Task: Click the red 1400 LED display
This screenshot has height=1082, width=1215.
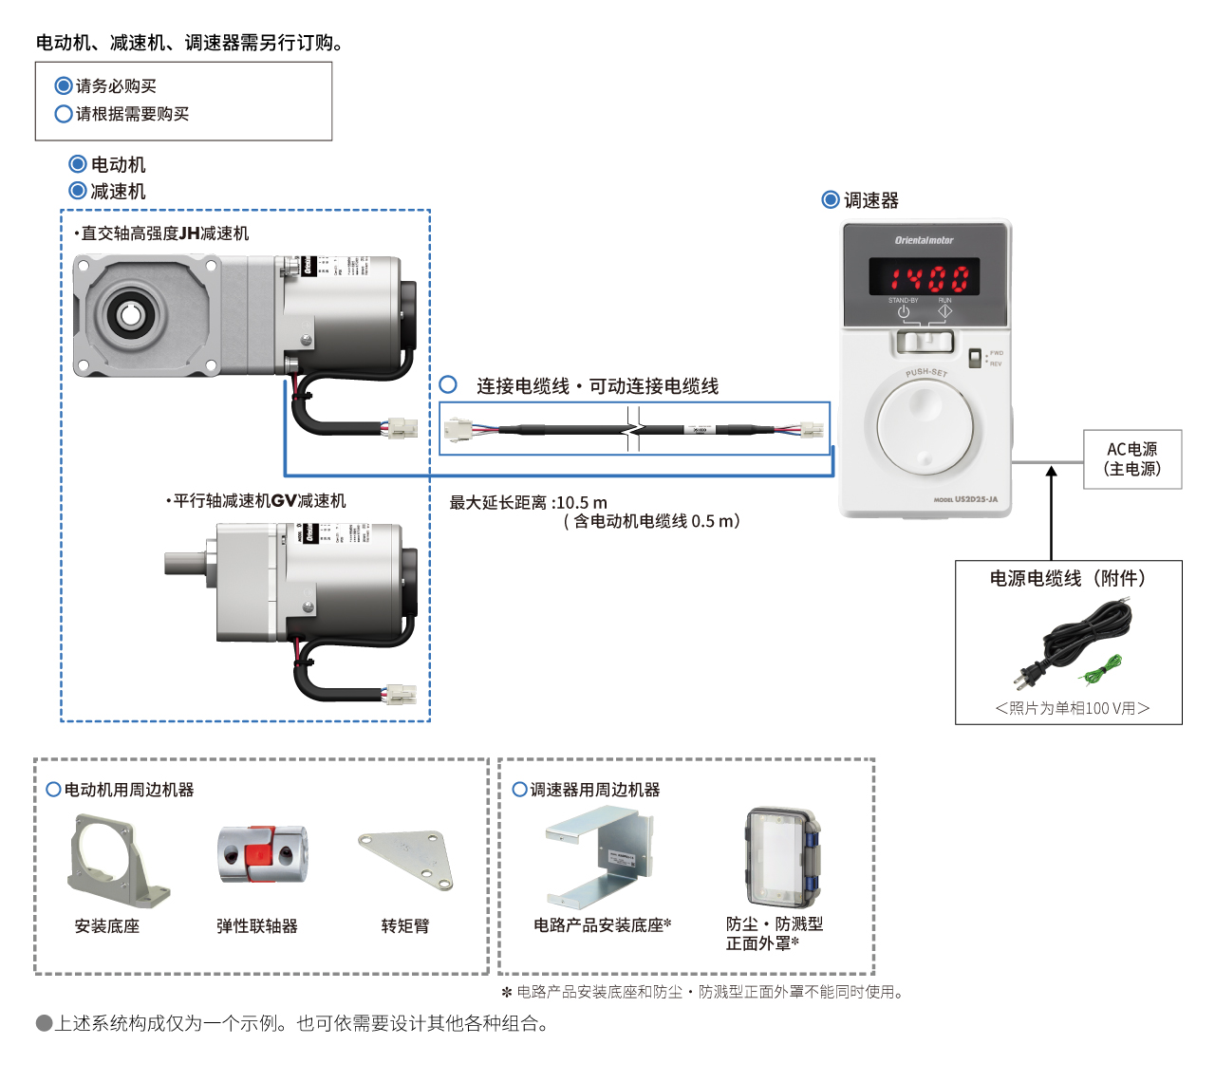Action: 925,277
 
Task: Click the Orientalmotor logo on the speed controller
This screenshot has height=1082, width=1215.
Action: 924,240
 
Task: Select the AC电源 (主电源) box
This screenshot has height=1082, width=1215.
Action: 1131,459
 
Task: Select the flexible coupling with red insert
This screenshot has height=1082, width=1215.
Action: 262,853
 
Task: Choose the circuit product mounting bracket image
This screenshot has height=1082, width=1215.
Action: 599,856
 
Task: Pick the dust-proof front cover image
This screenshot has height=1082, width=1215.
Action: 782,858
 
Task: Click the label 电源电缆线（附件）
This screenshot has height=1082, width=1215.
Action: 1068,578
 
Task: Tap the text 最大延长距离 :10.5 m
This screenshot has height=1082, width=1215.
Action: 528,502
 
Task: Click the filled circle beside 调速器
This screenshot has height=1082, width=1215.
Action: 831,199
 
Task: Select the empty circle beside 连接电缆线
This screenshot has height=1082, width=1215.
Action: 449,384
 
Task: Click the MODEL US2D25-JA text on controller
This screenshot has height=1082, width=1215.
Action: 965,499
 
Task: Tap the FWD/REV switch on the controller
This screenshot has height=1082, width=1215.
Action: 974,358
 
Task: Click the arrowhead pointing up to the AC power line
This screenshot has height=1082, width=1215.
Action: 1051,472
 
